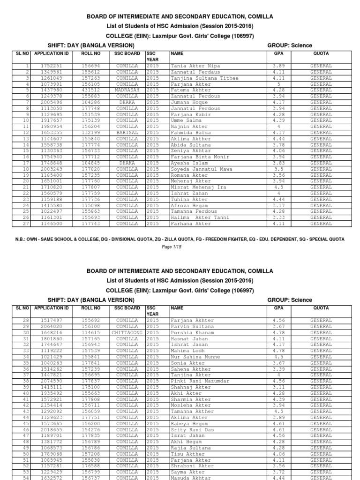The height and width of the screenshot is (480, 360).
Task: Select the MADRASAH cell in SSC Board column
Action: coord(127,90)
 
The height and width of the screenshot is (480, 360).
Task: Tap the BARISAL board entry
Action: coord(127,133)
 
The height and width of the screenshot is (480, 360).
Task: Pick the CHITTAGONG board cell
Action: coord(127,333)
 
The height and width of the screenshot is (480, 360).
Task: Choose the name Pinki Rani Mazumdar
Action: coord(200,382)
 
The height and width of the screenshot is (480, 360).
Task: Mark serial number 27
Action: coord(27,224)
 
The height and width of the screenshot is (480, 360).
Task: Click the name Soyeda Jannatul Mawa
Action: coord(202,169)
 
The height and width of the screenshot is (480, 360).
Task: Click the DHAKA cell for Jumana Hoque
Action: coord(127,102)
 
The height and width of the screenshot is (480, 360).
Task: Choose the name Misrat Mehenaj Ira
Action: coord(199,187)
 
